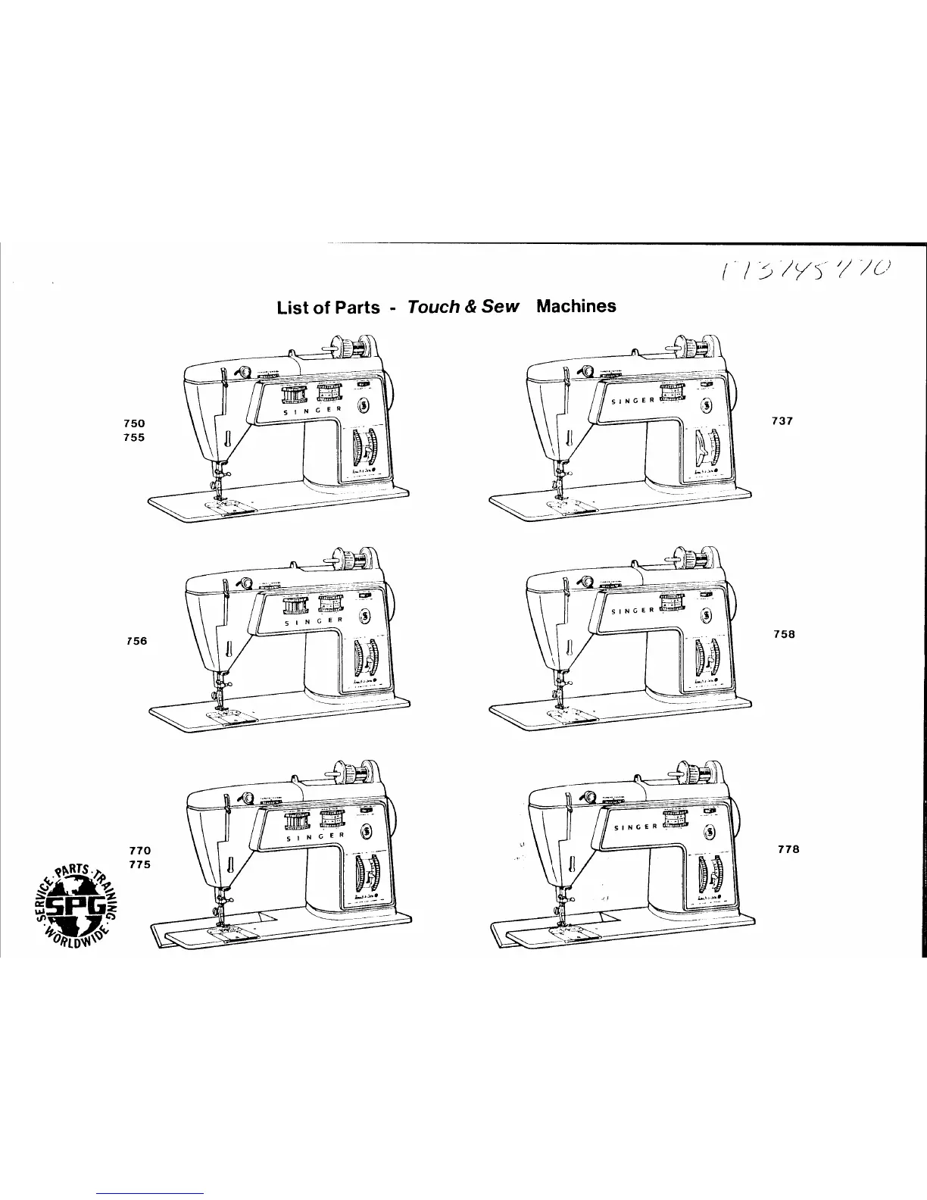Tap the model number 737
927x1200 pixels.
782,421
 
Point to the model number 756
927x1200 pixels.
136,641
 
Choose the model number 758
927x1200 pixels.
784,634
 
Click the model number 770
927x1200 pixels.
140,852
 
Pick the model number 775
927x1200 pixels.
140,865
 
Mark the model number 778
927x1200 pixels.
788,849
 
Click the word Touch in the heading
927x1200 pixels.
434,307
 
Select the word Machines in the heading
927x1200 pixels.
576,306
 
